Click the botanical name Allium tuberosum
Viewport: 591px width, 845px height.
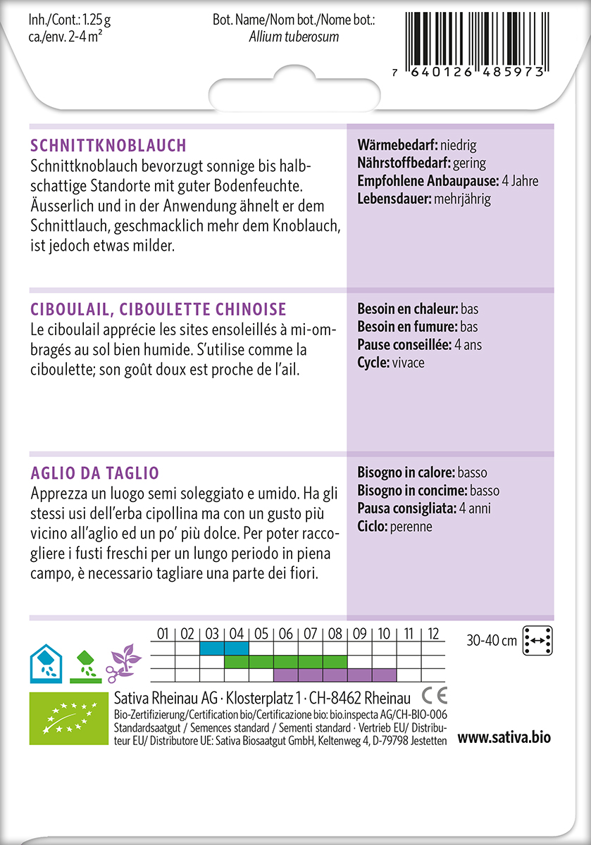[294, 37]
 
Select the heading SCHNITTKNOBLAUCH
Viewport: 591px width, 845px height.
[108, 146]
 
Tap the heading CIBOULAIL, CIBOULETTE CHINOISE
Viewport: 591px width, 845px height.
[158, 309]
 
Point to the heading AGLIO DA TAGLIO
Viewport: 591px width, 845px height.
[95, 472]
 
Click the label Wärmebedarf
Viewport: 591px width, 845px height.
[397, 146]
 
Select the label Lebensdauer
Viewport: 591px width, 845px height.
[394, 199]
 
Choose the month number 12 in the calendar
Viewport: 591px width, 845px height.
[433, 634]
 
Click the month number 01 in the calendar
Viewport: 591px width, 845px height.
[163, 634]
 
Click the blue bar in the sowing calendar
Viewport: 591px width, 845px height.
[224, 648]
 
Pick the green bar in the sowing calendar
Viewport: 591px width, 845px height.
[285, 662]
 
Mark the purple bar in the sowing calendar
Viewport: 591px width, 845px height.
[335, 675]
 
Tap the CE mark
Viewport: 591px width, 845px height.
[434, 697]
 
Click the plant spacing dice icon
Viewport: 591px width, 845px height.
[539, 640]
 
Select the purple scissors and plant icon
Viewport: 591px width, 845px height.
[124, 661]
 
